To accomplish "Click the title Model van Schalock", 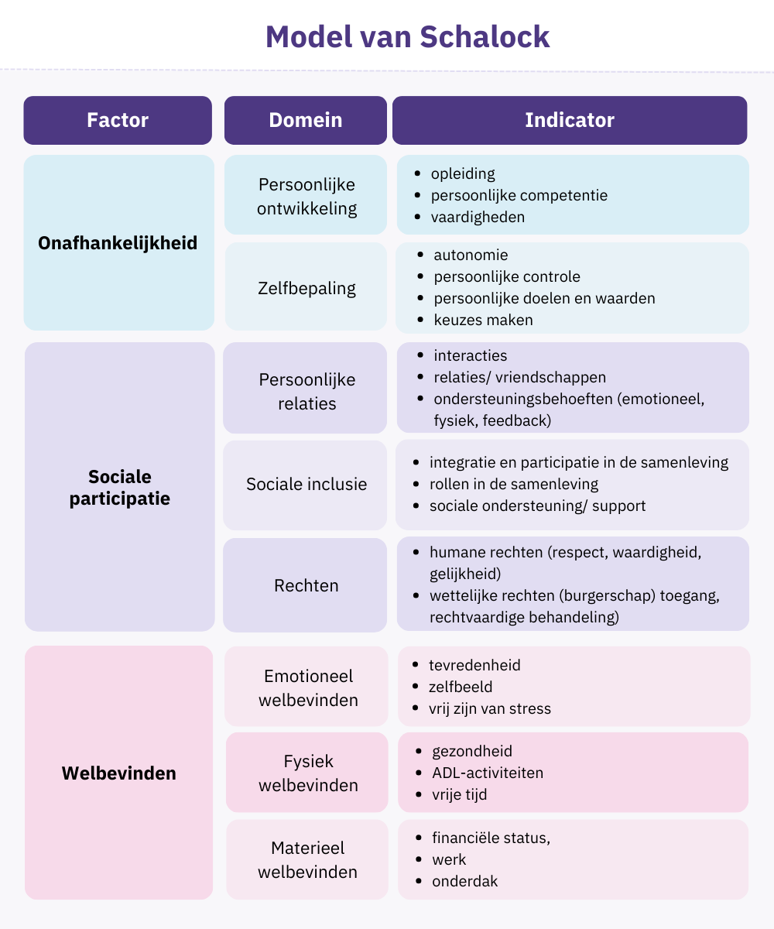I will tap(407, 37).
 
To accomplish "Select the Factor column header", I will tap(118, 120).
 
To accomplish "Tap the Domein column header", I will tap(306, 120).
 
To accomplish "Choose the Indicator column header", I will tap(570, 120).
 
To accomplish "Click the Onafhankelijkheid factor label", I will tap(118, 243).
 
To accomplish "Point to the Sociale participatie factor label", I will tap(119, 488).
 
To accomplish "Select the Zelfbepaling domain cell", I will tap(307, 288).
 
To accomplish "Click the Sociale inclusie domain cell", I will tap(307, 485).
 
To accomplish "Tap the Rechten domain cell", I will tap(307, 585).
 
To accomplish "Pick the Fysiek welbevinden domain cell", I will tap(308, 773).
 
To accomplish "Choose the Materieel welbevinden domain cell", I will tap(308, 860).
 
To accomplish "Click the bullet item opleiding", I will tap(463, 173).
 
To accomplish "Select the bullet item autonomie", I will tap(471, 255).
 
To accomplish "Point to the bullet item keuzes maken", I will tap(483, 320).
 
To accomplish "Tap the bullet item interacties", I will tap(471, 355).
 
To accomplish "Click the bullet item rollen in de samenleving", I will tap(514, 484).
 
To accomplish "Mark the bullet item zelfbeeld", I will tap(461, 687).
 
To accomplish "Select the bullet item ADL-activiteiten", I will tap(488, 773).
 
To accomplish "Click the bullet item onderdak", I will tap(465, 881).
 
